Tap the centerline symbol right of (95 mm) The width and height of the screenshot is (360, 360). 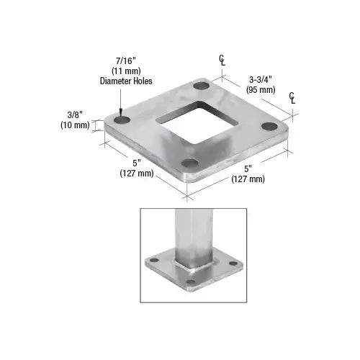click(x=292, y=98)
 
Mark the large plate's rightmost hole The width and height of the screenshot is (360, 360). click(x=269, y=127)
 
